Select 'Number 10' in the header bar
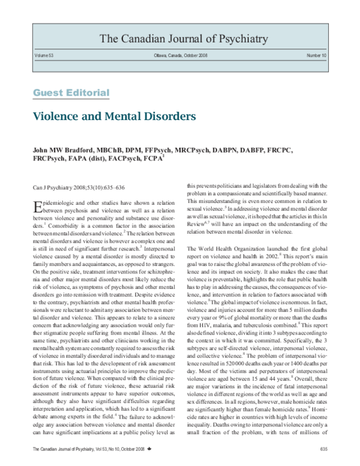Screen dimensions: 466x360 point(317,55)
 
